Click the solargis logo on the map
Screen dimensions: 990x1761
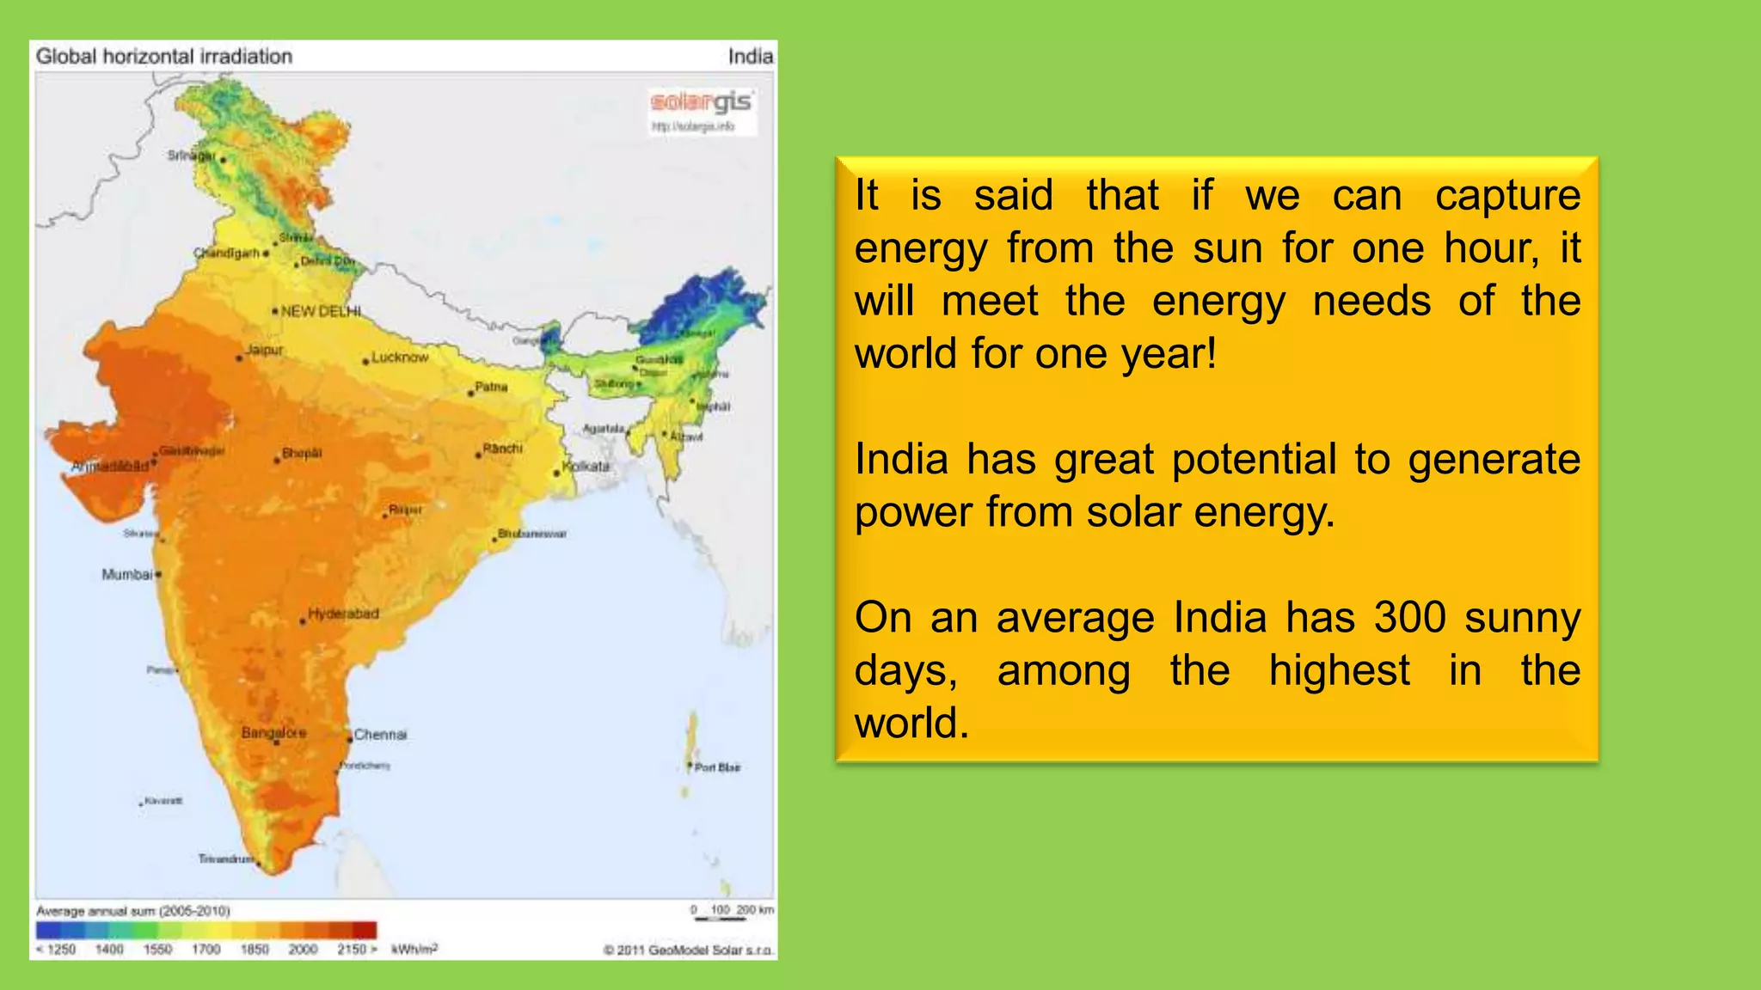pyautogui.click(x=701, y=103)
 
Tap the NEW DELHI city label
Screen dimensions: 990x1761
pyautogui.click(x=321, y=311)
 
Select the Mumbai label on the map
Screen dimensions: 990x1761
pyautogui.click(x=127, y=574)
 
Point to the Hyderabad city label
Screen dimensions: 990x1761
pyautogui.click(x=343, y=614)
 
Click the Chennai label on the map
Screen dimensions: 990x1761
pyautogui.click(x=380, y=735)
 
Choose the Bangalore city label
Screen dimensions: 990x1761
pyautogui.click(x=273, y=733)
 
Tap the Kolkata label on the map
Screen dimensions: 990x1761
pyautogui.click(x=586, y=466)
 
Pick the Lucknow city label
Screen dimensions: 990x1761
pyautogui.click(x=400, y=357)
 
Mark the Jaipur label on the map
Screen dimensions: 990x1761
pyautogui.click(x=264, y=350)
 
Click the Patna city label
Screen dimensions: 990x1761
pyautogui.click(x=491, y=387)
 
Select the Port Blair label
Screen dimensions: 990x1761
pyautogui.click(x=717, y=767)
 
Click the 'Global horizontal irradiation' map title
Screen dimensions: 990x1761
pyautogui.click(x=164, y=57)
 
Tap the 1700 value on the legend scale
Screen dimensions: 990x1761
pyautogui.click(x=206, y=950)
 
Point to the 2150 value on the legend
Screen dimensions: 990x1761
pyautogui.click(x=352, y=950)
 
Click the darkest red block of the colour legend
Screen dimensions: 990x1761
pyautogui.click(x=365, y=931)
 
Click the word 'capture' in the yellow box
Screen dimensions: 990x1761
pyautogui.click(x=1507, y=195)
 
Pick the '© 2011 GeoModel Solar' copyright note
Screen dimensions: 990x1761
pyautogui.click(x=688, y=950)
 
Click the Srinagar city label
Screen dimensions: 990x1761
pyautogui.click(x=191, y=156)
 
